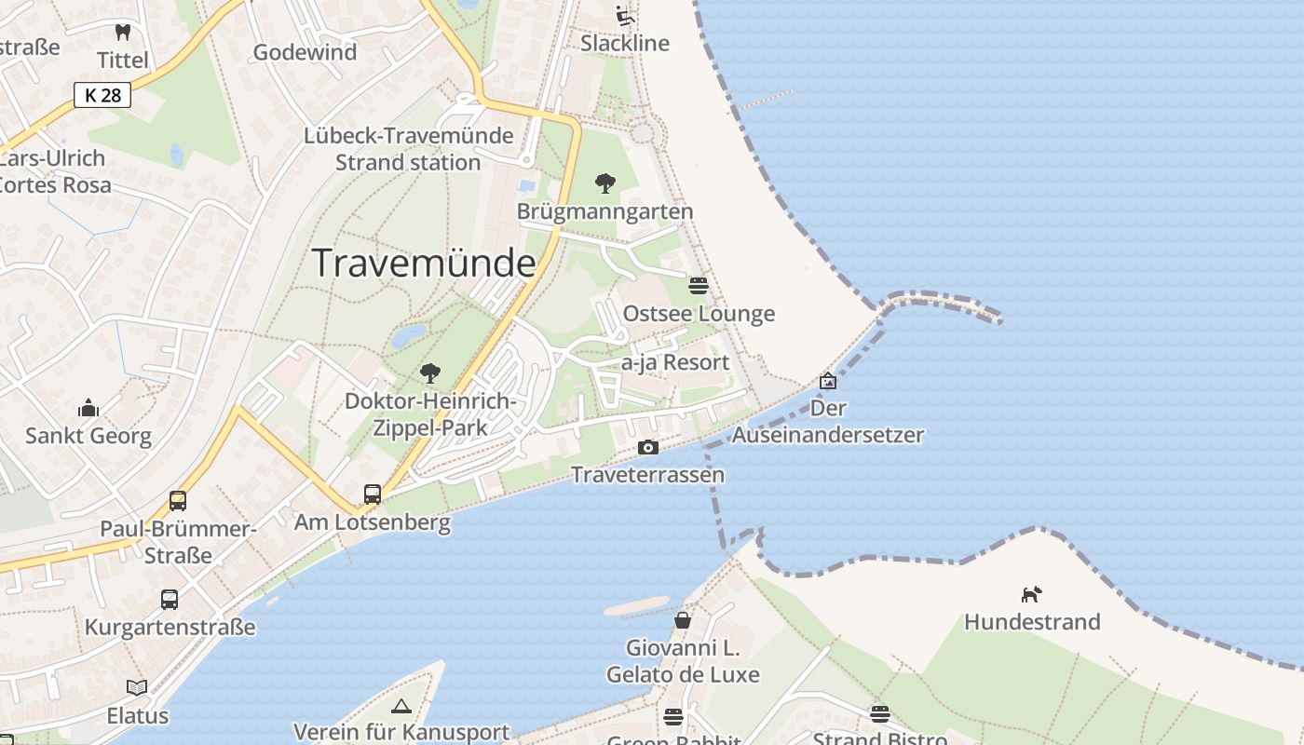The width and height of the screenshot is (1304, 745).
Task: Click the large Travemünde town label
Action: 424,264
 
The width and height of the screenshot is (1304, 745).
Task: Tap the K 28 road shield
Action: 102,94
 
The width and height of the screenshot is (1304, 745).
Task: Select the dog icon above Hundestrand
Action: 1031,594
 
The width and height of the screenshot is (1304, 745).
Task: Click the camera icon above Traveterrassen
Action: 647,448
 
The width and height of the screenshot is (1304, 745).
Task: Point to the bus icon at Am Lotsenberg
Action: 373,494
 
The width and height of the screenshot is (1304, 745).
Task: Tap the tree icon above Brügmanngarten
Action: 605,183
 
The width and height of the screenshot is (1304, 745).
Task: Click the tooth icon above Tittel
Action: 122,33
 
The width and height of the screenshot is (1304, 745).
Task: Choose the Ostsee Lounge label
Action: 699,314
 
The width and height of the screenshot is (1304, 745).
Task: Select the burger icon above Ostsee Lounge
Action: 699,285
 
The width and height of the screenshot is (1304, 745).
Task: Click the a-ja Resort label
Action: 675,362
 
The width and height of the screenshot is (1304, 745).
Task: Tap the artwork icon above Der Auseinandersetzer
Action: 827,381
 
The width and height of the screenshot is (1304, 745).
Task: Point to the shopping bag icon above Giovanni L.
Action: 683,619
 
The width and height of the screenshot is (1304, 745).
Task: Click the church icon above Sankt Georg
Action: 88,408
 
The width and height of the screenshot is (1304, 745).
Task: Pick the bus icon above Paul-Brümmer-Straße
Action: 178,501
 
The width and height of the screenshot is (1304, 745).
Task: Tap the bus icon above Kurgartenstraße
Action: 170,599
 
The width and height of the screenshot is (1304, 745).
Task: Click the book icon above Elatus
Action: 137,687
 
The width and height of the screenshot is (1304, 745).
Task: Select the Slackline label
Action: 625,44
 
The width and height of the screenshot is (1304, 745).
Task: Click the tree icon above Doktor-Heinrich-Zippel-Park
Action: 429,373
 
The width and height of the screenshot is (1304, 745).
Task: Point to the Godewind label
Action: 305,52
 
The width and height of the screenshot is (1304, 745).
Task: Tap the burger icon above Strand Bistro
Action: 880,714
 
